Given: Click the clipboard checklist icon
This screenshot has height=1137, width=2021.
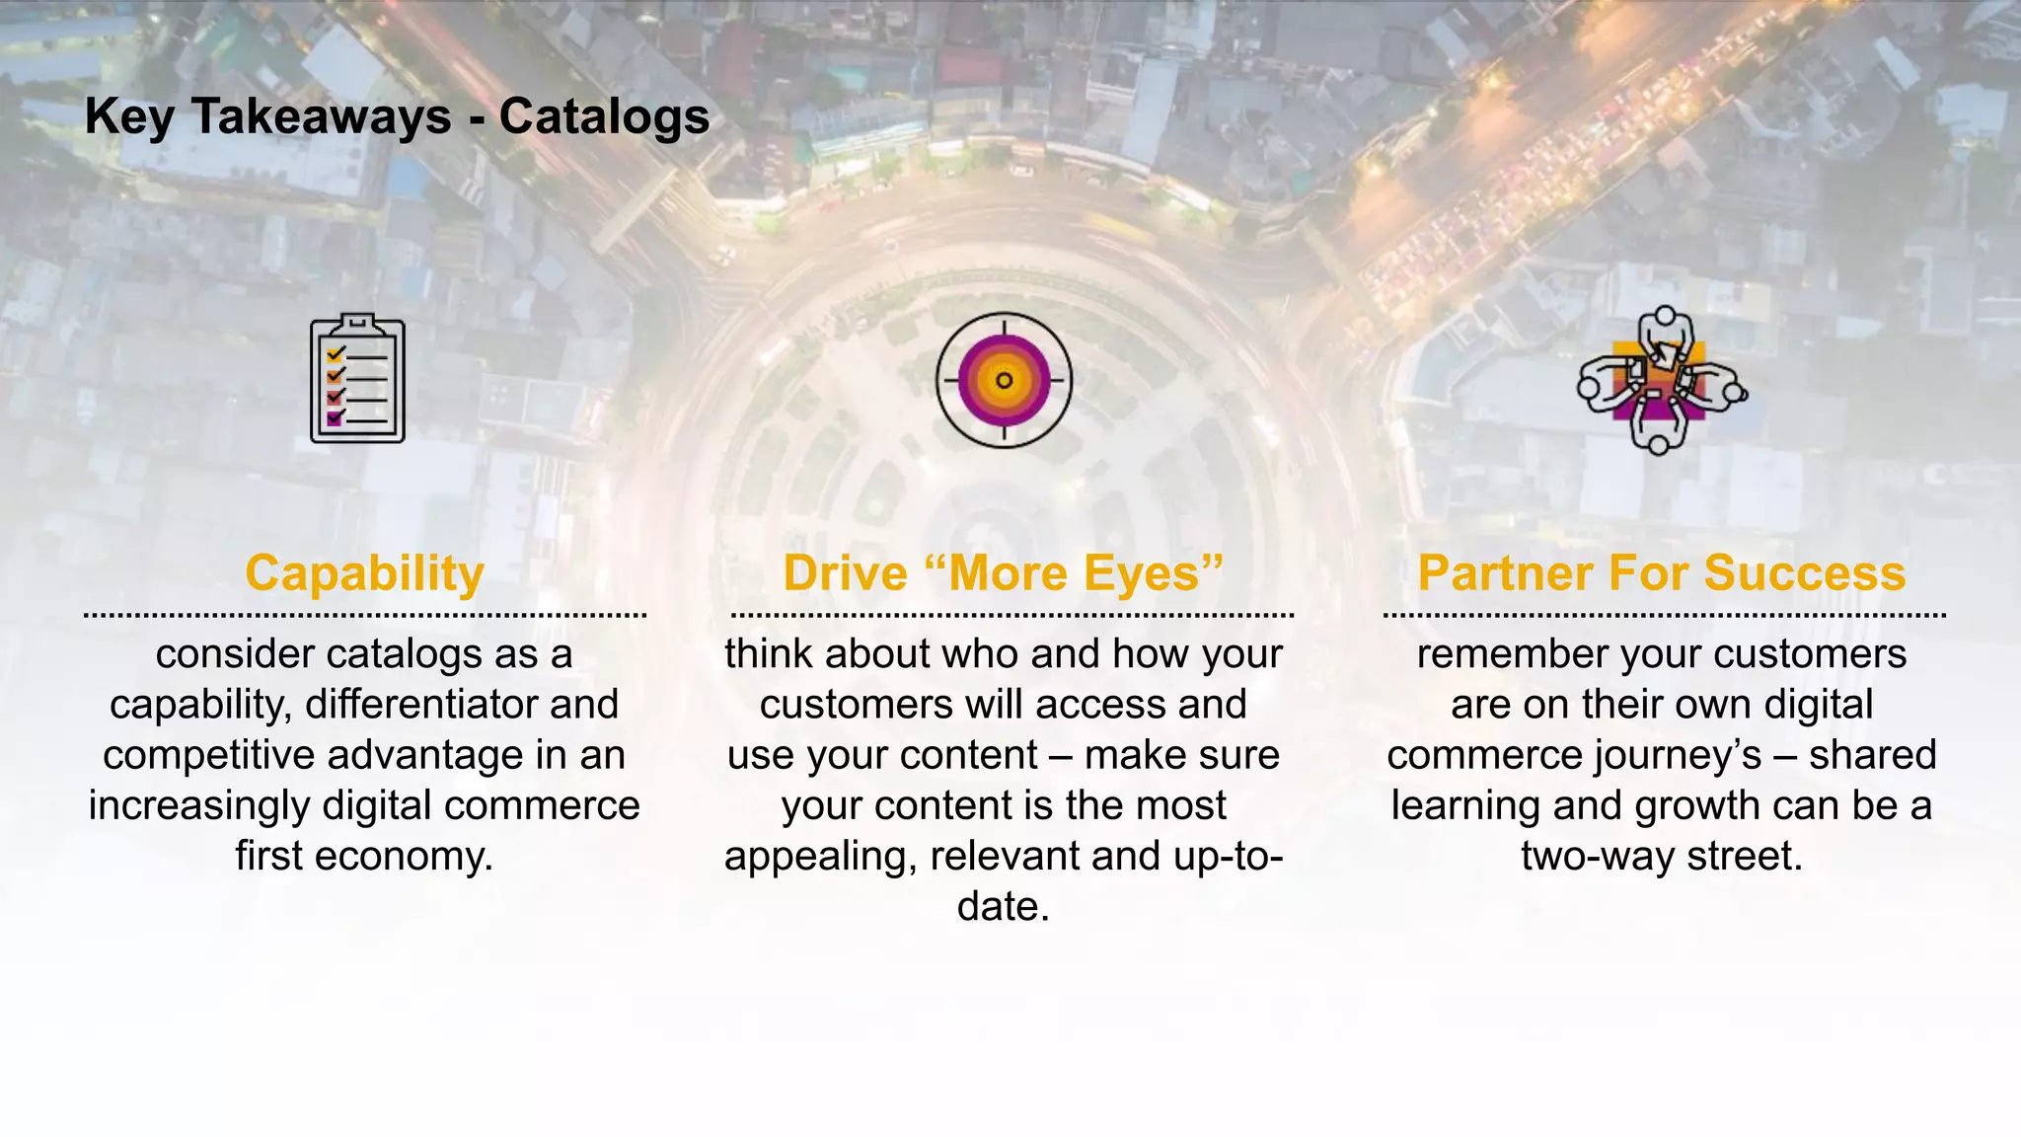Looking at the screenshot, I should tap(357, 379).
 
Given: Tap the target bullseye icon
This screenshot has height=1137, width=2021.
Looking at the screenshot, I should tap(1004, 380).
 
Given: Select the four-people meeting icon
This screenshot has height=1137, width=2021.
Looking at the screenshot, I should tap(1661, 381).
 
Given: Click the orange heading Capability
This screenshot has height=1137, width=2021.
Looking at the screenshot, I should tap(364, 573).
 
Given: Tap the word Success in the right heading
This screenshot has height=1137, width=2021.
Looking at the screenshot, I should tap(1805, 573).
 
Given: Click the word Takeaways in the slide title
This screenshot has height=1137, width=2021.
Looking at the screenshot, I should tap(321, 116).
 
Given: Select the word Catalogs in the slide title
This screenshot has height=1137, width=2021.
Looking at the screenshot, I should tap(604, 116).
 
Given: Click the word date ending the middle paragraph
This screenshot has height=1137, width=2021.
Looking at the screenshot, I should tap(996, 906).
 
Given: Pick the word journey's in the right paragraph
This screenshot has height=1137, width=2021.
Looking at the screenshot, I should tap(1677, 755).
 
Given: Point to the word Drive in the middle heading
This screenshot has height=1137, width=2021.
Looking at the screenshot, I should tap(845, 573).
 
